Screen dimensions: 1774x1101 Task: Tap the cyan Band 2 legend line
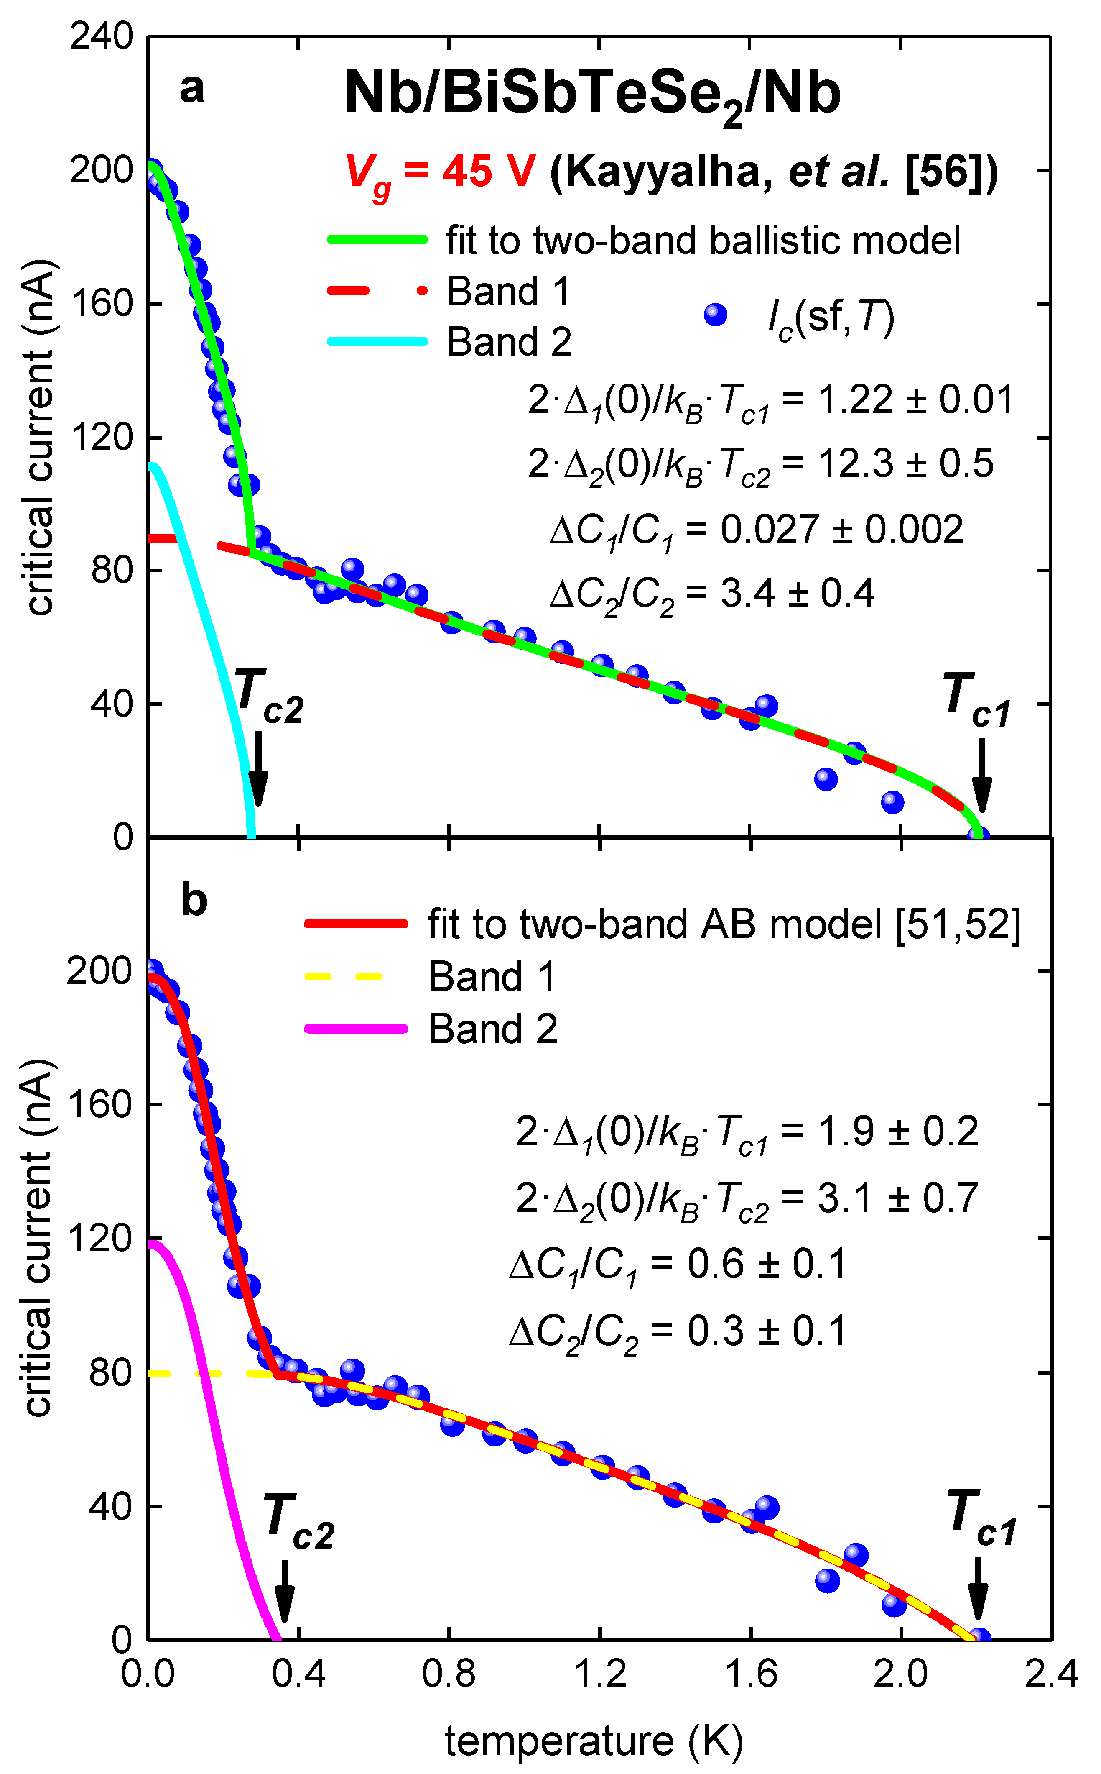pyautogui.click(x=377, y=341)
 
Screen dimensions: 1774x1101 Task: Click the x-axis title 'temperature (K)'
pyautogui.click(x=594, y=1741)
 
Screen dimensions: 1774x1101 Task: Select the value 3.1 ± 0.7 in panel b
pyautogui.click(x=897, y=1198)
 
